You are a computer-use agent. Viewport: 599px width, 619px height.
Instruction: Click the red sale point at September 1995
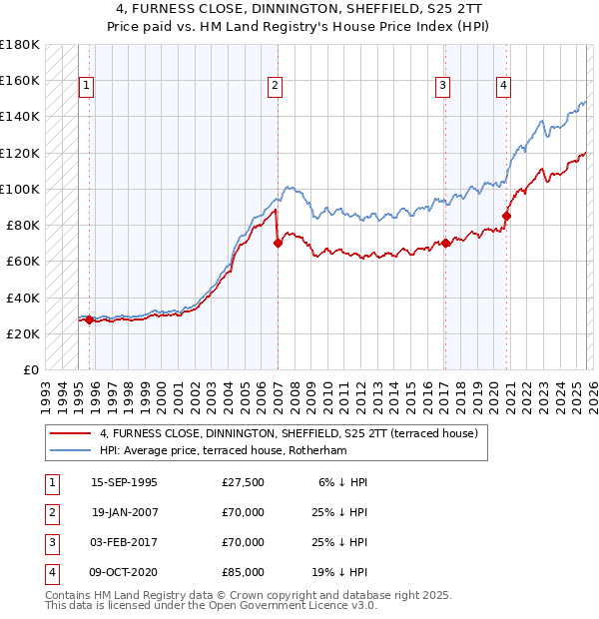(90, 319)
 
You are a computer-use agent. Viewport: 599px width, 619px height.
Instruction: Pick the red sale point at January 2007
(278, 243)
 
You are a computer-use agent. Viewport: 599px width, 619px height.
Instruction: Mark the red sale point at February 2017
(445, 243)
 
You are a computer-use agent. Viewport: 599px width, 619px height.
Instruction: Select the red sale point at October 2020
(507, 216)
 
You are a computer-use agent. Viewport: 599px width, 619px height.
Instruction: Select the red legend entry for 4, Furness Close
(290, 433)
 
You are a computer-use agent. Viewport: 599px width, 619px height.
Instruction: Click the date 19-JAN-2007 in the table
(124, 513)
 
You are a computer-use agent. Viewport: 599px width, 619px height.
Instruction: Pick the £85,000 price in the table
(244, 573)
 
